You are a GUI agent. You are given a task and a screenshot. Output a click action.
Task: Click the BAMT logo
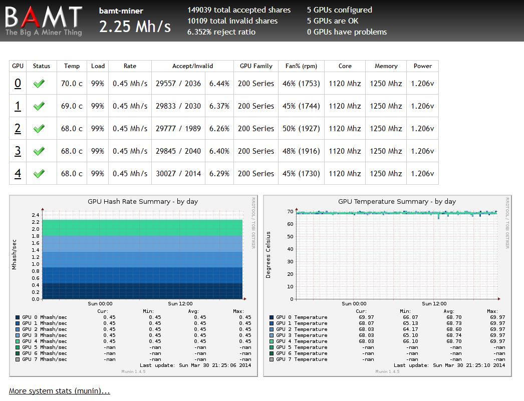(x=44, y=21)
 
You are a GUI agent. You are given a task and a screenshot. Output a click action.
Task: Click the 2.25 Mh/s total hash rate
(x=135, y=26)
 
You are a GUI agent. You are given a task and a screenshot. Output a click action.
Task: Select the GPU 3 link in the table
(x=18, y=151)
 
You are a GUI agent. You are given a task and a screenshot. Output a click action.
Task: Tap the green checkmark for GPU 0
(x=39, y=84)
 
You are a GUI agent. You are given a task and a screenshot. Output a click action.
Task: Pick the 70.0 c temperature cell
(x=72, y=84)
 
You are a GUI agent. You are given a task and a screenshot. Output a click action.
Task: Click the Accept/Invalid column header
(x=192, y=66)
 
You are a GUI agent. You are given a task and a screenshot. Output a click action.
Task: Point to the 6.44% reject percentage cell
(x=219, y=84)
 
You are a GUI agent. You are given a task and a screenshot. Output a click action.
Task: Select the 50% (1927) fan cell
(x=301, y=129)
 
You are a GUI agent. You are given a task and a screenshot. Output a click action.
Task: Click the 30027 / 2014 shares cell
(x=178, y=174)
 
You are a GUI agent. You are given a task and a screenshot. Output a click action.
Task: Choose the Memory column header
(x=386, y=66)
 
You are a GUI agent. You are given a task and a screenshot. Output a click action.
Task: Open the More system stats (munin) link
(x=59, y=391)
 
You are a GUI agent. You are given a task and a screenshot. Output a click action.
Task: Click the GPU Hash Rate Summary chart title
(x=143, y=201)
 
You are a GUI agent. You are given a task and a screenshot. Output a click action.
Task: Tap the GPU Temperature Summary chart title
(x=397, y=201)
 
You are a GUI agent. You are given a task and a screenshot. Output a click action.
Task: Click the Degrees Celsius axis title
(x=269, y=255)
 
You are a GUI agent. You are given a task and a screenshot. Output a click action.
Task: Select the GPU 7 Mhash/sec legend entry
(x=44, y=359)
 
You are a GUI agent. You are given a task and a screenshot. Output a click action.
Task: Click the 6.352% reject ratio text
(x=221, y=32)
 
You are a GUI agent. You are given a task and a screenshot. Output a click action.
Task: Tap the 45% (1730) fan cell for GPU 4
(x=301, y=174)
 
